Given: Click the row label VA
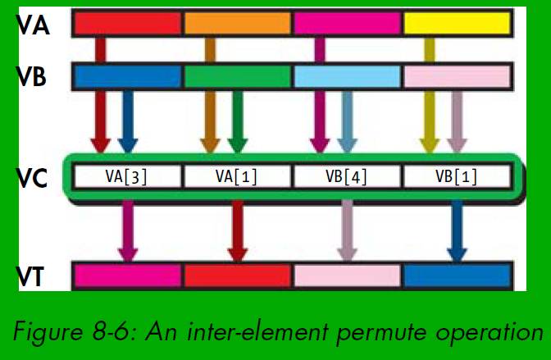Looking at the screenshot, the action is point(34,25).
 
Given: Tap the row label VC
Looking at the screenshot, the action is point(34,176).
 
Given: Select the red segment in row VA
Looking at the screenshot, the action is point(128,23).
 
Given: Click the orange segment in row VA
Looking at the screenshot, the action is point(238,23).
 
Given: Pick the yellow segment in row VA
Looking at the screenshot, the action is point(458,23).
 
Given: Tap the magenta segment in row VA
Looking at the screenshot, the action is point(348,23).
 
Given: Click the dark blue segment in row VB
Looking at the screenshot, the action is point(128,76).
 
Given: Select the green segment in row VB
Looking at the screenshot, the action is point(238,76).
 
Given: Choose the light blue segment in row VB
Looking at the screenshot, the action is point(348,76).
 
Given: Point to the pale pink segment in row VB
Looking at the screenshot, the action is point(458,76).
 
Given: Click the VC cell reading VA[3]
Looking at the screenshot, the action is point(127,176).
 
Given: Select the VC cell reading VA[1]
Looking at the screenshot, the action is point(237,176).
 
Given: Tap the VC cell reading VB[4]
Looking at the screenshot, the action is point(347,176).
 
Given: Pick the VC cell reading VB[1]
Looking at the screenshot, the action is point(457,176).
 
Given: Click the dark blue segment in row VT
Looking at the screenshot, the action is point(458,275).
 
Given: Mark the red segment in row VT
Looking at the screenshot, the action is point(238,275).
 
